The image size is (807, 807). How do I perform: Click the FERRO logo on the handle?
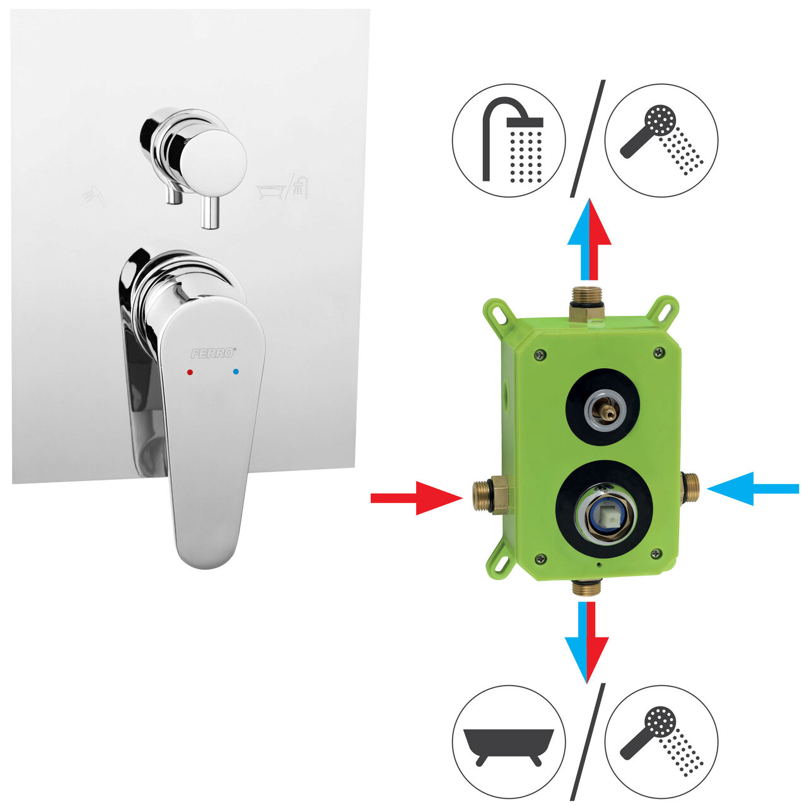[213, 353]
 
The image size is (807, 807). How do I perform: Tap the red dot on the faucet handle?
[190, 372]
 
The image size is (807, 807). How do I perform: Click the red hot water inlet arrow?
[417, 498]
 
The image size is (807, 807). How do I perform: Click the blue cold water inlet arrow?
[753, 489]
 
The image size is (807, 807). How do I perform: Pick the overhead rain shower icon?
[513, 141]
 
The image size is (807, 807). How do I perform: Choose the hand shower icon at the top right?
[662, 139]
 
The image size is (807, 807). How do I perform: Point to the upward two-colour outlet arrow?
[589, 239]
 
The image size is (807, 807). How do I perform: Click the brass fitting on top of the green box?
[587, 304]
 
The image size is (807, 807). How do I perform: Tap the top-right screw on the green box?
[661, 352]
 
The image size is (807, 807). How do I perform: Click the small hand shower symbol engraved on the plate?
[94, 195]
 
